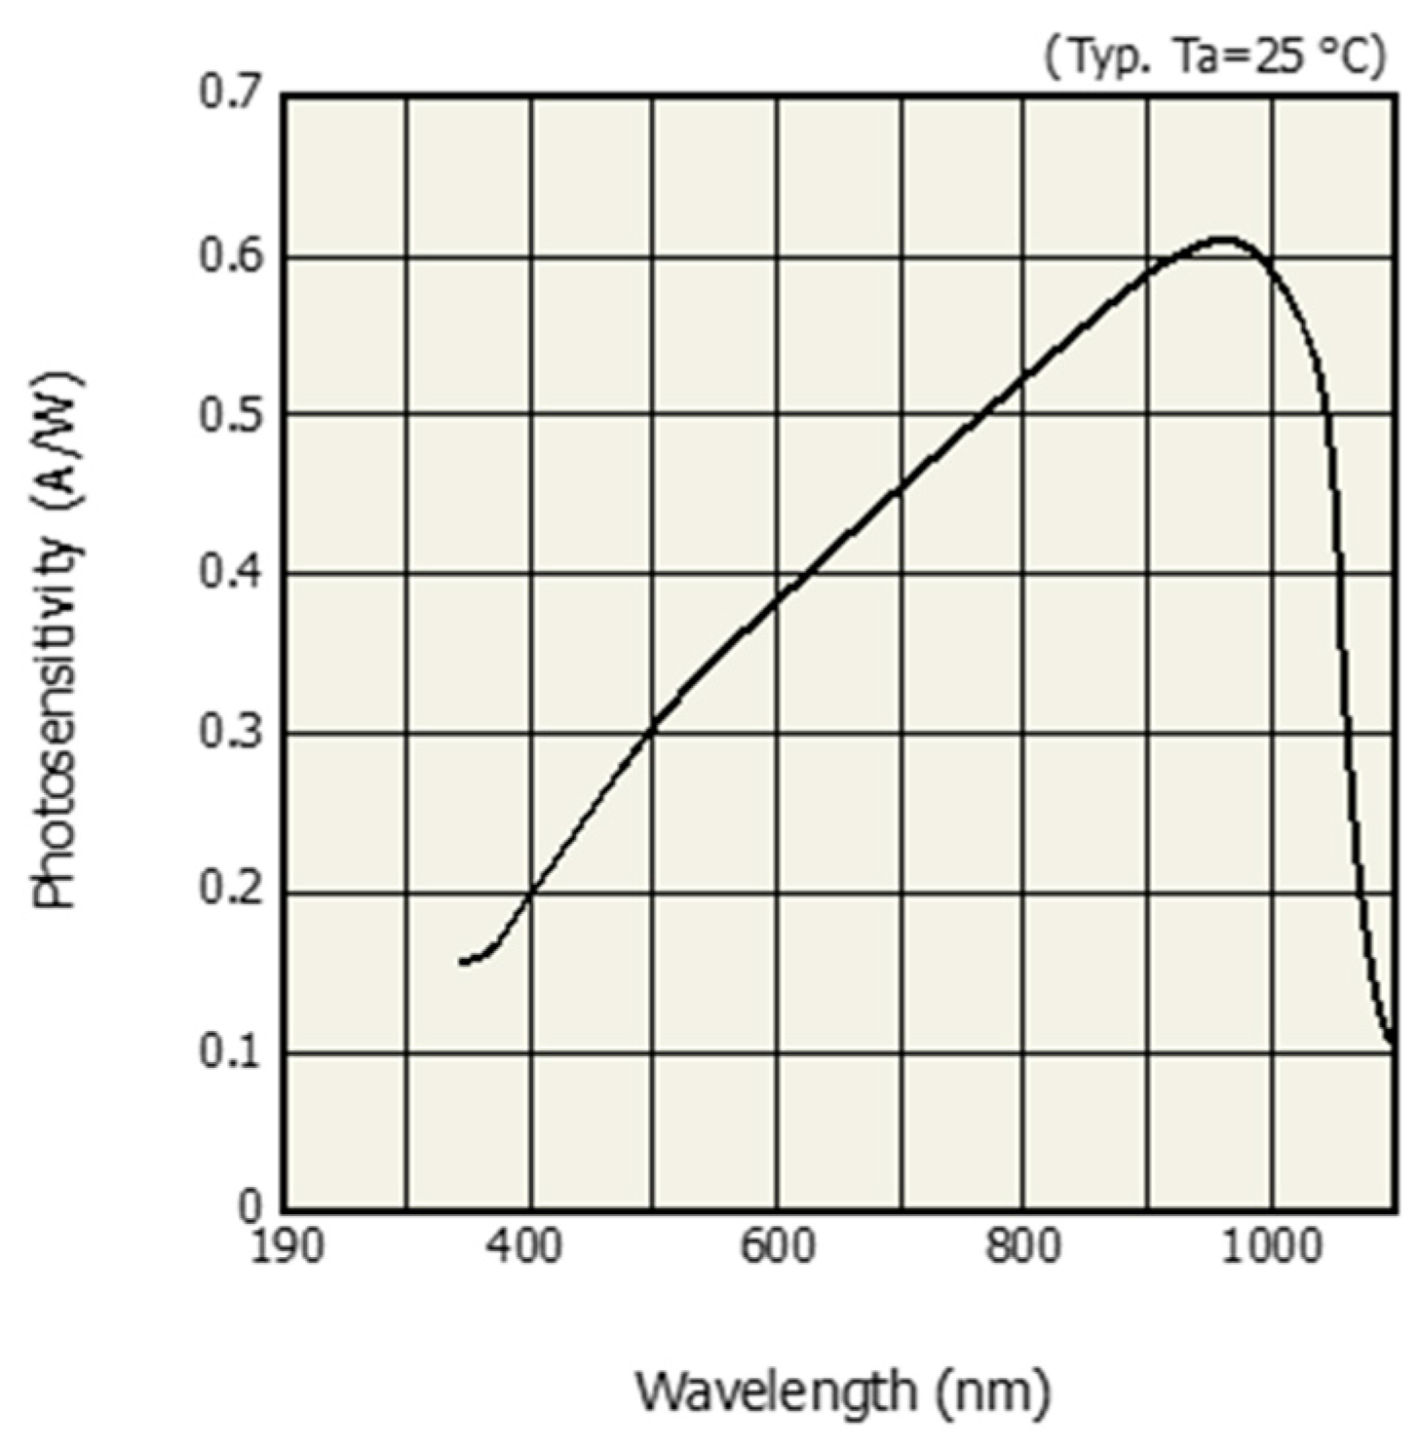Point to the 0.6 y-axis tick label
point(231,255)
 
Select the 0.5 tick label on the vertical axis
point(231,415)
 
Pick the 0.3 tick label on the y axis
point(231,733)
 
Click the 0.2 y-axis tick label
point(231,892)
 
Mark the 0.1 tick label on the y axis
point(231,1052)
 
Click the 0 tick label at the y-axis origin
point(250,1208)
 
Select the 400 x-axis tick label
point(525,1247)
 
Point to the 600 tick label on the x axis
point(777,1247)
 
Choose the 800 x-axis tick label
point(1022,1247)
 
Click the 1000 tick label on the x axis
point(1272,1247)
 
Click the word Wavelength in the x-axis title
point(776,1391)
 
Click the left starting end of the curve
point(462,962)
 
